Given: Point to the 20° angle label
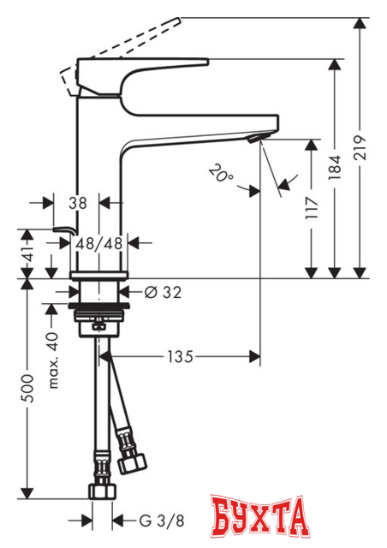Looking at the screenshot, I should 221,175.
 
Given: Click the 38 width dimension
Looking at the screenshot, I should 78,203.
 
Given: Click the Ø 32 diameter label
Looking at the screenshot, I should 163,292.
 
